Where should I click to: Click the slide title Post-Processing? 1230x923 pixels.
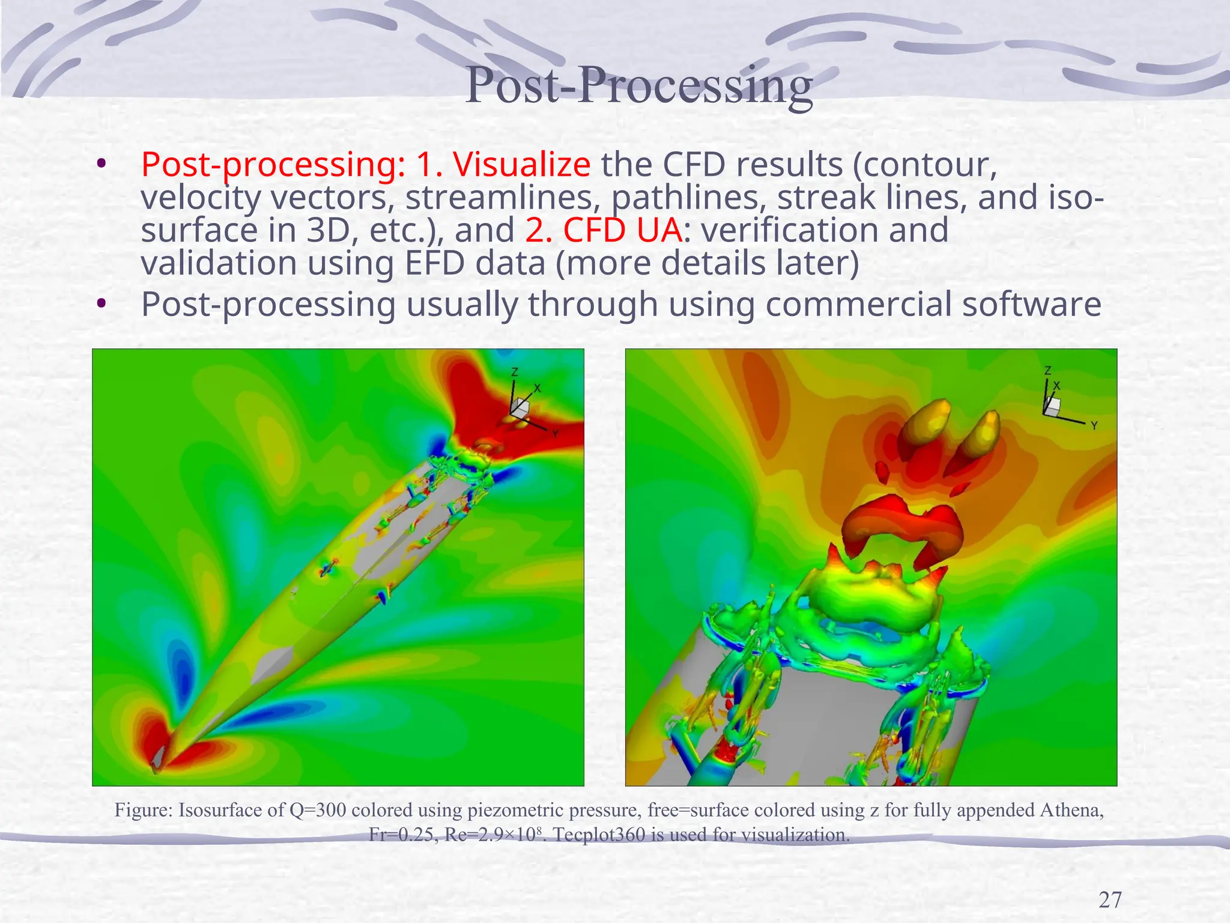point(638,85)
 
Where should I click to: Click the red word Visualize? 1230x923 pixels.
point(521,164)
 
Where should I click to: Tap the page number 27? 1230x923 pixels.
point(1110,900)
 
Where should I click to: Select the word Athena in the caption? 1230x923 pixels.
point(1071,810)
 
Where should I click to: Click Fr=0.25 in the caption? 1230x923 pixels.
point(401,835)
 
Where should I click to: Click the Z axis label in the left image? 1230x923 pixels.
point(515,373)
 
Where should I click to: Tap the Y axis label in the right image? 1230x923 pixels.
point(1094,425)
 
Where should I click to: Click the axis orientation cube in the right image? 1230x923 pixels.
point(1052,407)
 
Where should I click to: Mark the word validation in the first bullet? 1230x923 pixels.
point(219,263)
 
